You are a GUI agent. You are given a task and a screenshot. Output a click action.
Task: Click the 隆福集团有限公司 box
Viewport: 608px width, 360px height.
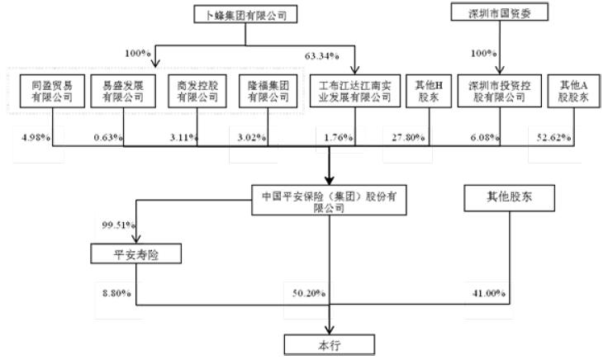[266, 91]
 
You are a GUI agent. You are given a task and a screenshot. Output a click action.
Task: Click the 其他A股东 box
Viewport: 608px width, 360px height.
[576, 91]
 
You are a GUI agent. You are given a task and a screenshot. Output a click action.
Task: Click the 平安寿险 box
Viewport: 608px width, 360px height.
[135, 254]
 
